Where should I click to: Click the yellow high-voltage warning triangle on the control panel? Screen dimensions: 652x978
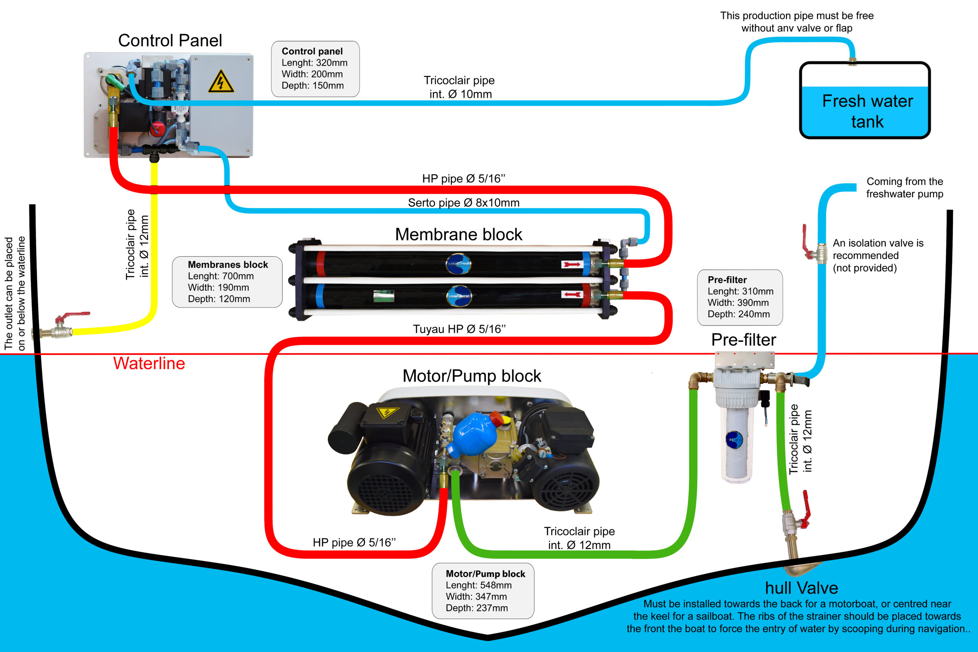(221, 81)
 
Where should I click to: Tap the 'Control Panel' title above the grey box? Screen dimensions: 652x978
(170, 41)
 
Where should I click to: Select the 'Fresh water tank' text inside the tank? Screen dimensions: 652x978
(867, 112)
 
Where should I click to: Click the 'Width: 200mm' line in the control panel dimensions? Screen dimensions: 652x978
(312, 74)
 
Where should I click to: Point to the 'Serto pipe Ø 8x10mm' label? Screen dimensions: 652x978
(464, 202)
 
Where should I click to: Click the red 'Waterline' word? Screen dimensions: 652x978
(149, 363)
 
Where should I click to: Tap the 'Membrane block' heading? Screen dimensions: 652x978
(458, 235)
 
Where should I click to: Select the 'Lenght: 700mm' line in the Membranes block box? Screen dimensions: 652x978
(220, 276)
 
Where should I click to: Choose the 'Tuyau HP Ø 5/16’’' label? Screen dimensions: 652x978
(459, 329)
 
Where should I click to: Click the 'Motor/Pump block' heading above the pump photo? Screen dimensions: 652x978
(471, 376)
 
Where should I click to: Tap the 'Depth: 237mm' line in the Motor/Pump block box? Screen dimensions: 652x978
(476, 608)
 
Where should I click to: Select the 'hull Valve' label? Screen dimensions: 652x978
(801, 588)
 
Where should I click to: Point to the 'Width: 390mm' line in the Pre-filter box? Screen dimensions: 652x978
(738, 303)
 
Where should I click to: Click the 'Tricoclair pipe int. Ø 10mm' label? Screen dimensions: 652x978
(460, 87)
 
